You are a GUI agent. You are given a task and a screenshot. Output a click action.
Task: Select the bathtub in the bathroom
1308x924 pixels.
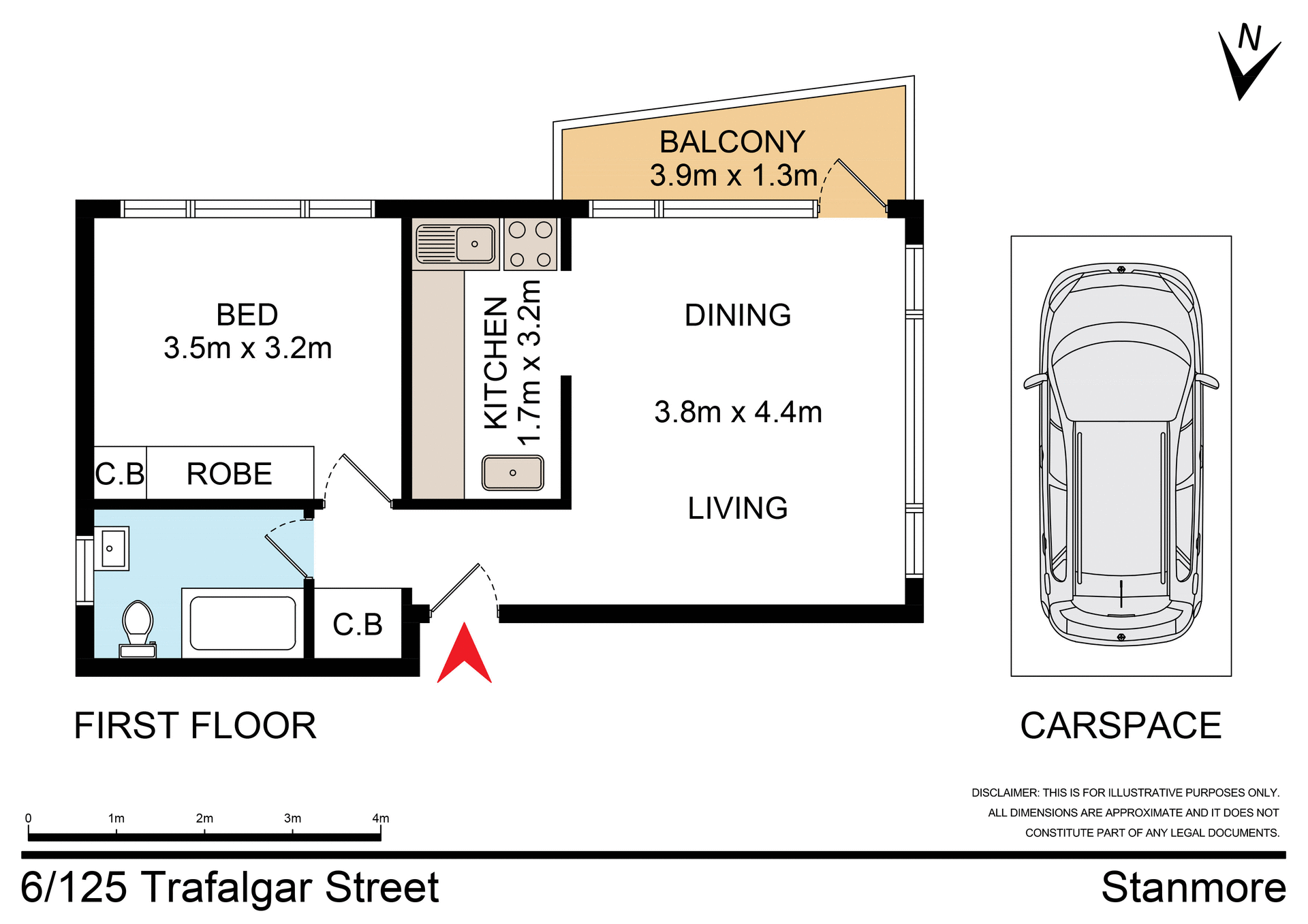tap(243, 623)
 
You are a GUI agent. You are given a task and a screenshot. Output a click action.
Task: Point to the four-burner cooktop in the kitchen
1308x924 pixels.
tap(530, 244)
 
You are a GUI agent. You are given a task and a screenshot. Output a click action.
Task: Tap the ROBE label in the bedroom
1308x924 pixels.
tap(230, 474)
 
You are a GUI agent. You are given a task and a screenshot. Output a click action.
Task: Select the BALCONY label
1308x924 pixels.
tap(732, 142)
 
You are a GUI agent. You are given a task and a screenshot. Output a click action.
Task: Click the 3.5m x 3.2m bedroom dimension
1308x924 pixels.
tap(247, 348)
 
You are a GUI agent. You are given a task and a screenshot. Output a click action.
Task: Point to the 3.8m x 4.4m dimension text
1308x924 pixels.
tap(738, 412)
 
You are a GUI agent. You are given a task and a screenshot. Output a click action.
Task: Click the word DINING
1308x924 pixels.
tap(738, 315)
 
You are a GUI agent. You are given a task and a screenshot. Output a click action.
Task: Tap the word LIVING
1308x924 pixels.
tap(738, 508)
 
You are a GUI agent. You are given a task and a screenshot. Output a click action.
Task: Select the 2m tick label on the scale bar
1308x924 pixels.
tap(204, 818)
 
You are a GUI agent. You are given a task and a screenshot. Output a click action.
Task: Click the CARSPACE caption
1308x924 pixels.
tap(1121, 725)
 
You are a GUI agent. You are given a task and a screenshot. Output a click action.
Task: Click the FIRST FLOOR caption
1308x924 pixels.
tap(195, 725)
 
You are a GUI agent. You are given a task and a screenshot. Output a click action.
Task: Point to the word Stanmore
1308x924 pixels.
tap(1194, 887)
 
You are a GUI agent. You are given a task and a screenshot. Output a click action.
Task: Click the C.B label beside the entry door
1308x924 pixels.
tap(357, 624)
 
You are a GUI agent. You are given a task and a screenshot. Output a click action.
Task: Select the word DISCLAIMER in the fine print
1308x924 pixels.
tap(1005, 793)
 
